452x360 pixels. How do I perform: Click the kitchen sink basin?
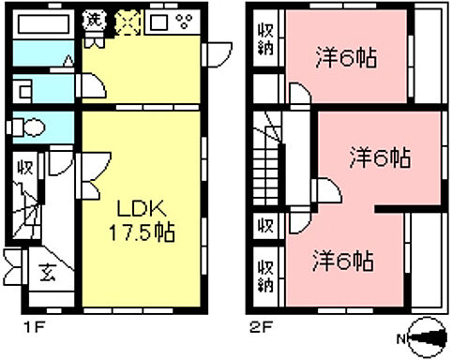tap(158, 20)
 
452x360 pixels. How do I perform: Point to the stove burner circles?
tap(183, 20)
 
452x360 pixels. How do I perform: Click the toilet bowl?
tap(34, 127)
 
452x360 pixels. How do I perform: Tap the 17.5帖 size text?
tap(142, 230)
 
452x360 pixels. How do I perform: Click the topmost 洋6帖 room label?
tap(346, 59)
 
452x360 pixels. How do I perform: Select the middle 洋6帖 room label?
tap(379, 157)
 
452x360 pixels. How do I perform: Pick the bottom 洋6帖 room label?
tap(344, 259)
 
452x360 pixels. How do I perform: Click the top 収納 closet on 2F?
tap(266, 39)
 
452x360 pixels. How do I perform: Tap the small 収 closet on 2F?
tap(266, 225)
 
